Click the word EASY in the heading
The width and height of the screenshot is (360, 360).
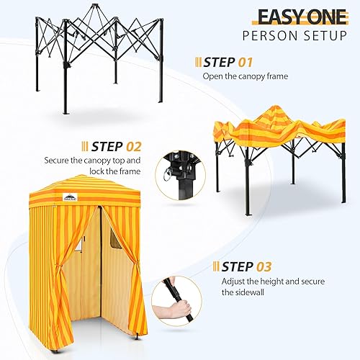point(277,17)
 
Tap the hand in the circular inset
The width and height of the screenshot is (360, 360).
point(168,312)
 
